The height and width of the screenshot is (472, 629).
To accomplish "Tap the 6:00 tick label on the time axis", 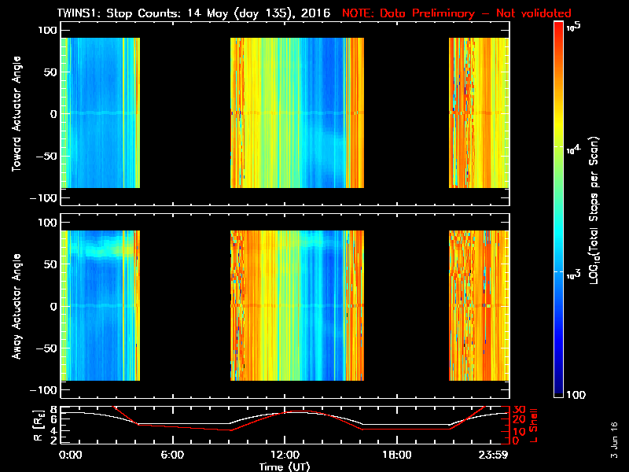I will click(172, 455).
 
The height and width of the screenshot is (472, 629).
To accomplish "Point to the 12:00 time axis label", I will click(284, 455).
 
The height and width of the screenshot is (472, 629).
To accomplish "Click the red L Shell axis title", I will click(536, 425).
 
